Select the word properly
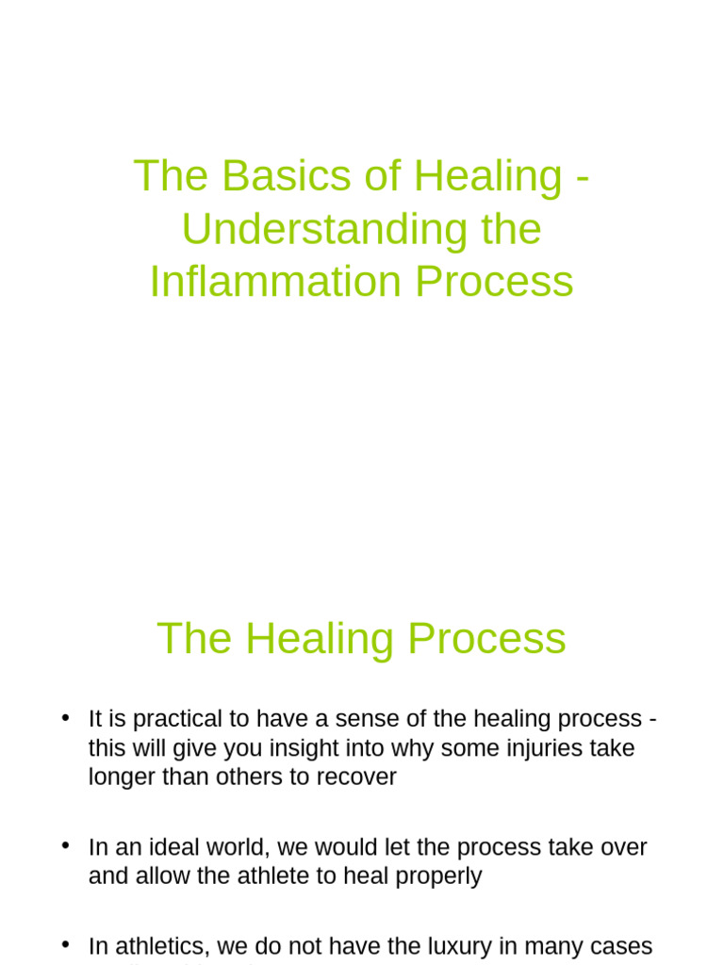point(439,876)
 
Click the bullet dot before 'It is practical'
point(65,719)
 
